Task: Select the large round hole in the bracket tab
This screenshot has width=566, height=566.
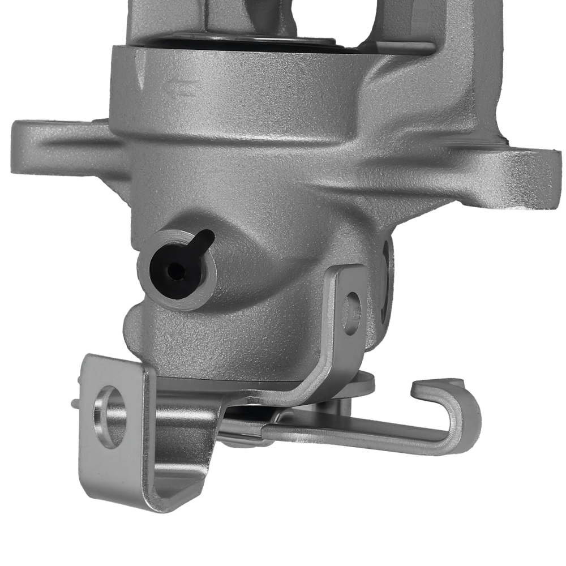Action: [x=111, y=416]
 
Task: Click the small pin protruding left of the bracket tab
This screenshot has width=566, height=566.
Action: [x=75, y=402]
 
